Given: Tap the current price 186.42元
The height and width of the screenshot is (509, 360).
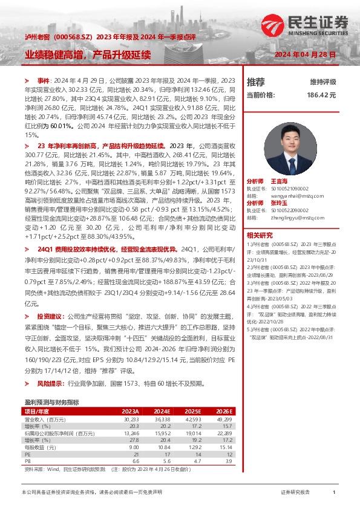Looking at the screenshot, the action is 321,95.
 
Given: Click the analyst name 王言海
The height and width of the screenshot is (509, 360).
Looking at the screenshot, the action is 278,181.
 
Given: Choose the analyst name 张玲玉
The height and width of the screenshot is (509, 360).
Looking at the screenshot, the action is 278,203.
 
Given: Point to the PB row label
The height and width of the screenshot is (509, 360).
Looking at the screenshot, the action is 27,461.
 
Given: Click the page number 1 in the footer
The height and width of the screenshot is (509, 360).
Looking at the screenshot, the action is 334,493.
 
